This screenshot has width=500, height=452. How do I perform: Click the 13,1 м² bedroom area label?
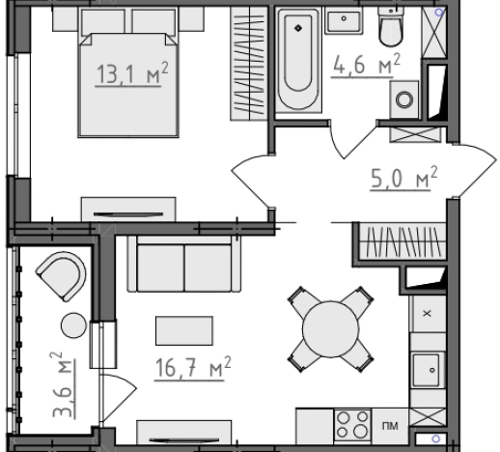click(x=132, y=73)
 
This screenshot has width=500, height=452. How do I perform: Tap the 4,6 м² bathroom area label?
click(x=366, y=65)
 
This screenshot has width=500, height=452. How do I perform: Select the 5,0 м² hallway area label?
click(x=403, y=178)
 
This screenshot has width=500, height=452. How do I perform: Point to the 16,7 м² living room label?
click(x=193, y=368)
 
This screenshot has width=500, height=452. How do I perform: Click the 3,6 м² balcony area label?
click(x=63, y=385)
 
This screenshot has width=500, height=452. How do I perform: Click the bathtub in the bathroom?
click(x=298, y=60)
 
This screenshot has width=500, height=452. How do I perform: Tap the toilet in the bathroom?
click(x=391, y=26)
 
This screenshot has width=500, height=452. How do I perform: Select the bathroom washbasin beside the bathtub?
click(x=344, y=21)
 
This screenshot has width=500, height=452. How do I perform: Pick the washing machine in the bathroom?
click(x=404, y=99)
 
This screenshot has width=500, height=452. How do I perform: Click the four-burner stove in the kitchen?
click(x=352, y=426)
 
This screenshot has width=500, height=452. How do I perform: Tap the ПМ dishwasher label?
click(x=390, y=426)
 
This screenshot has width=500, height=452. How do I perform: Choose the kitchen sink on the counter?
click(x=428, y=370)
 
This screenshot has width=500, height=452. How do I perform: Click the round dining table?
click(x=331, y=329)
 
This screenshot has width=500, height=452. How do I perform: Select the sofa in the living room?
click(x=184, y=264)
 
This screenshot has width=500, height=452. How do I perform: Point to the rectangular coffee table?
click(x=184, y=330)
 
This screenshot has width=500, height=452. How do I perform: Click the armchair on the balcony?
click(x=62, y=276)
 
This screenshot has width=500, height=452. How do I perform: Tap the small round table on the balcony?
click(x=73, y=325)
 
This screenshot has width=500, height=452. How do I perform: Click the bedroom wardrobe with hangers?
click(x=249, y=64)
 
